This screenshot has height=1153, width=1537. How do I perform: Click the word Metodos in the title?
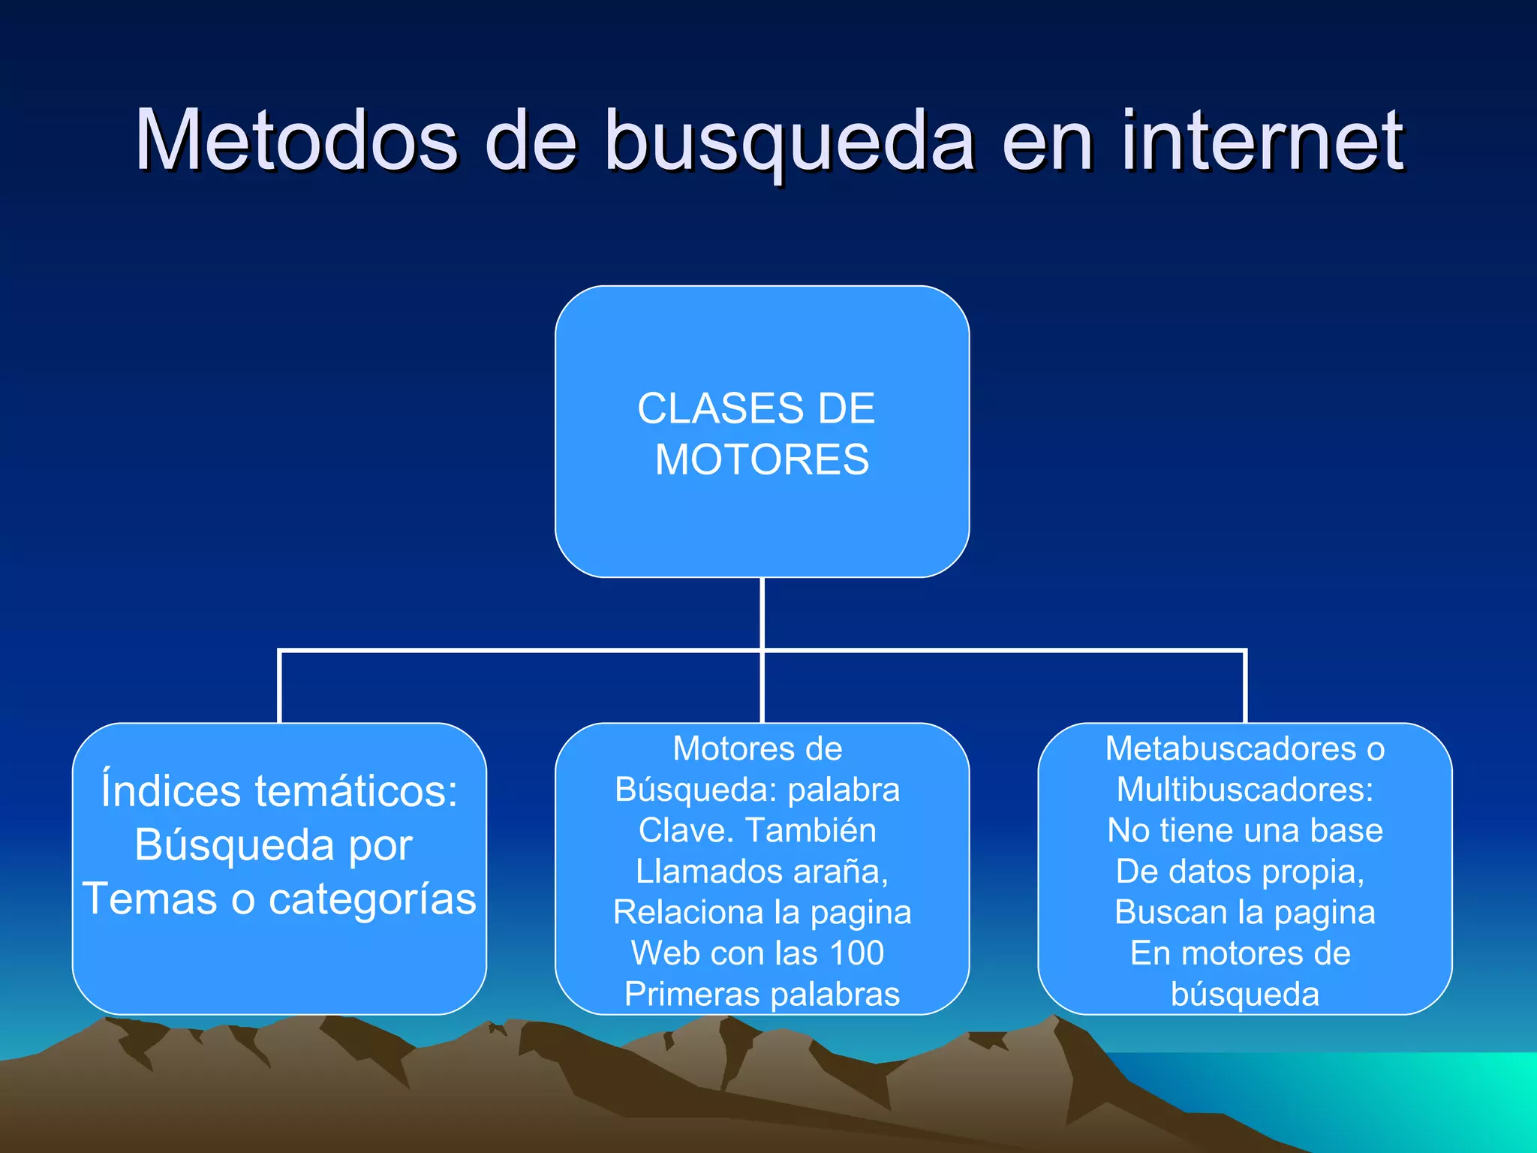tap(296, 140)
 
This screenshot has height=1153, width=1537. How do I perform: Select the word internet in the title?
tap(1262, 140)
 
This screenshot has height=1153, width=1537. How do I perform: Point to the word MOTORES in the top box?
tap(762, 459)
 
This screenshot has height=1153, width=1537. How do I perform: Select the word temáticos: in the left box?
tap(356, 792)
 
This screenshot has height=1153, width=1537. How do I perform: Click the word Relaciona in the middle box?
tap(687, 913)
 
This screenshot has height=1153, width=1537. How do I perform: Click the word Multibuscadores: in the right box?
tap(1245, 790)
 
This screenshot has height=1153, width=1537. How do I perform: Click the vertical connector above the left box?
tap(279, 688)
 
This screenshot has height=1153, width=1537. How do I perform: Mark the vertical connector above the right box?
tap(1245, 688)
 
